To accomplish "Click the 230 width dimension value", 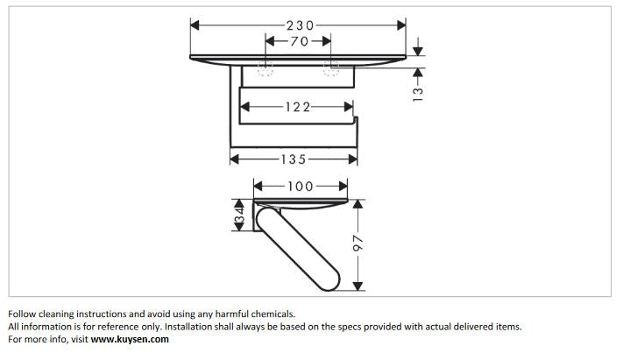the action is (301, 25).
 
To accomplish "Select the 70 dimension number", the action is (299, 41).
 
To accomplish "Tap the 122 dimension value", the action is (298, 107).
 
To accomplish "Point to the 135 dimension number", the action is (294, 159).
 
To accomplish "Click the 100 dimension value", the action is (301, 187).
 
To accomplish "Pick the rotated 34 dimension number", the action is (239, 215).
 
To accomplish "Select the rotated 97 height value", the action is (358, 243).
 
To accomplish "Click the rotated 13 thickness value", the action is (418, 95).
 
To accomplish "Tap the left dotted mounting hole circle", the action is (265, 68).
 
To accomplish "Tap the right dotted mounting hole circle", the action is (331, 68).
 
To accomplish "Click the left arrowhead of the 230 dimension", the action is (195, 25).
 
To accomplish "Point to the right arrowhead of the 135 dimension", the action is (353, 159).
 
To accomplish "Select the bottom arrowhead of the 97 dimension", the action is (358, 286).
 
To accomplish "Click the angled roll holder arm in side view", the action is (298, 249).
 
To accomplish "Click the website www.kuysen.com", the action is (130, 339).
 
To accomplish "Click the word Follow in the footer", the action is (22, 314).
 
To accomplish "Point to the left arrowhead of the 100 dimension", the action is (258, 186).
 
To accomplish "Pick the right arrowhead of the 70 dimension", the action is (327, 41).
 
